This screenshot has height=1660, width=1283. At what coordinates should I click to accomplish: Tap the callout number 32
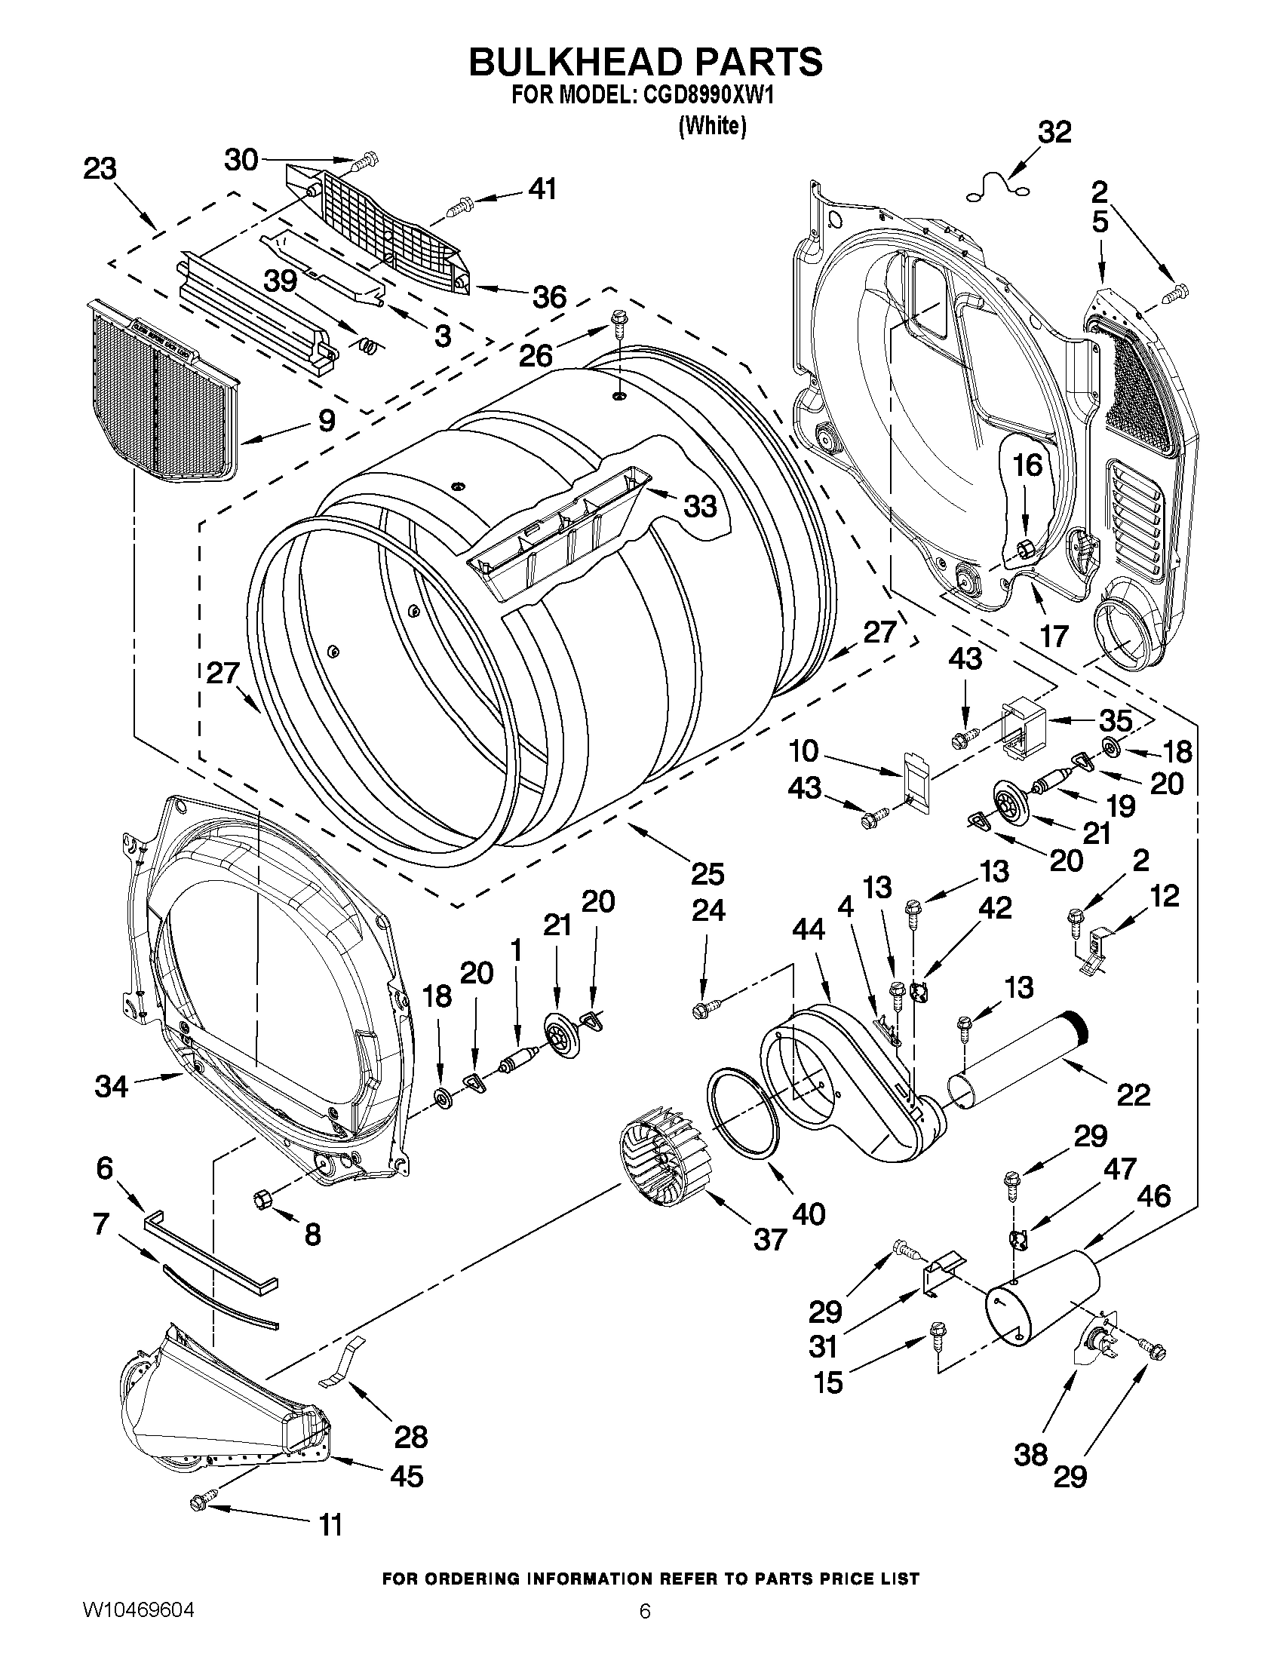coord(1054,132)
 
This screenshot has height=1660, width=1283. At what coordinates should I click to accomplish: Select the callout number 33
coord(699,505)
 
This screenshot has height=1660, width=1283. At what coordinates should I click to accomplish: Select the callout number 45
coord(406,1476)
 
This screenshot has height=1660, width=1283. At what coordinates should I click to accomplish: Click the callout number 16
coord(1027,465)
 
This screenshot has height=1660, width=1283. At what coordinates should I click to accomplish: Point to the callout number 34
coord(111,1086)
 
